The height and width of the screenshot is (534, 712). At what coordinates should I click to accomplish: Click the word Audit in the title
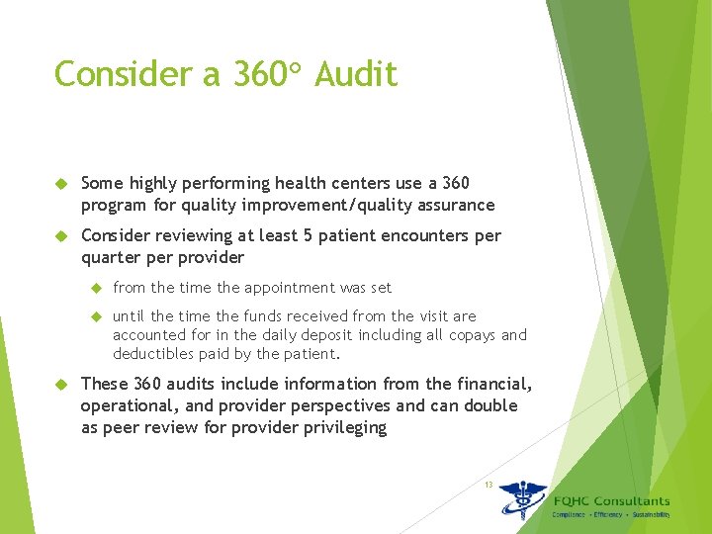(356, 74)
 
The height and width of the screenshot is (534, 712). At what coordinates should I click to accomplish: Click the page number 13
(489, 484)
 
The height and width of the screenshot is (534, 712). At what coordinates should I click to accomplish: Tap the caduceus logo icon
(522, 500)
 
